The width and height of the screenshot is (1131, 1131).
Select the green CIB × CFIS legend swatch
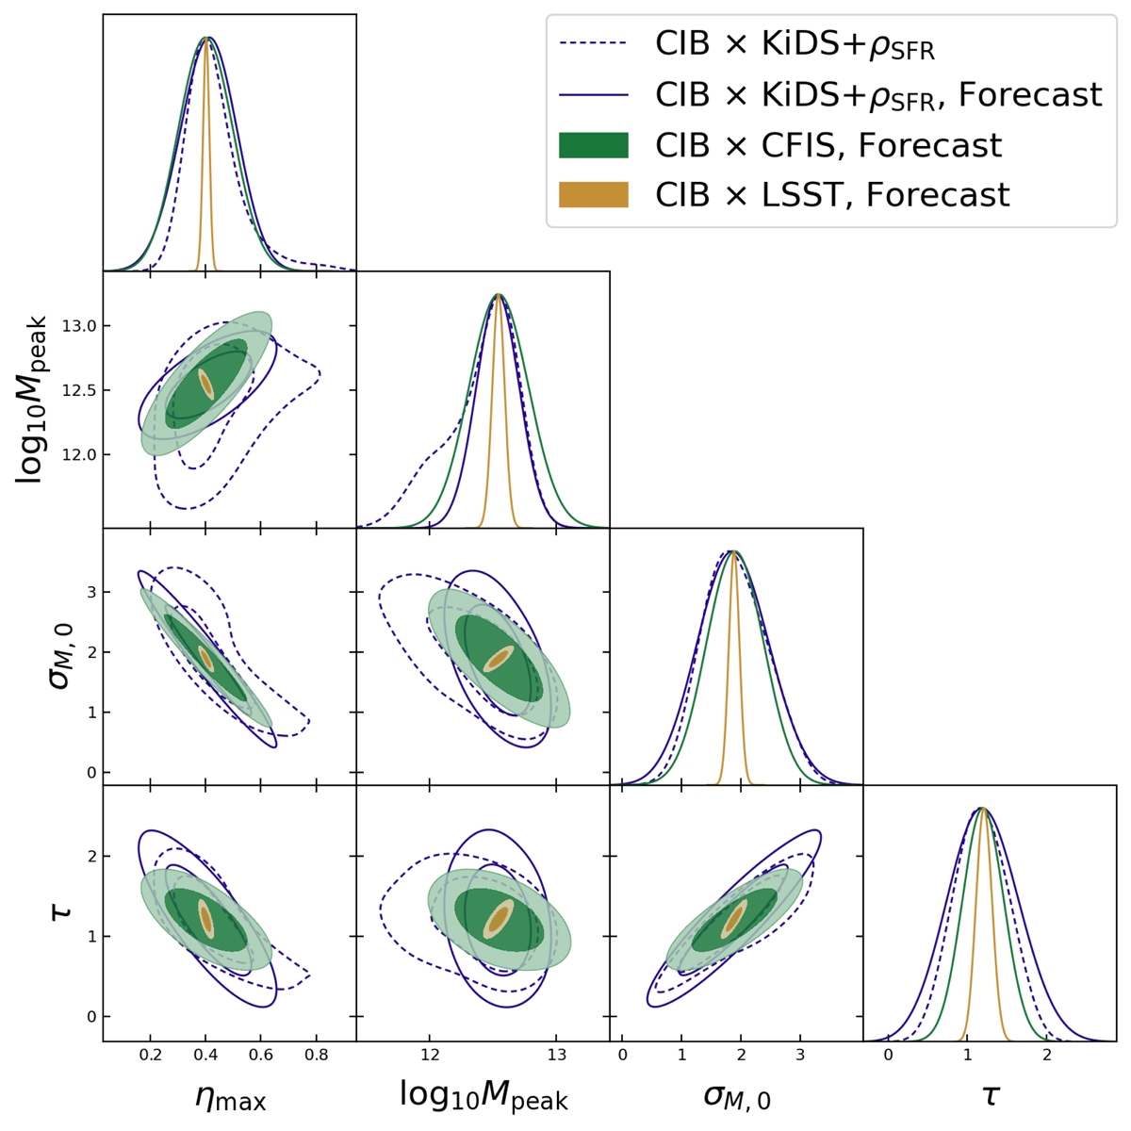point(593,145)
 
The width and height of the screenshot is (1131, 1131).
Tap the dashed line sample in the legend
point(593,43)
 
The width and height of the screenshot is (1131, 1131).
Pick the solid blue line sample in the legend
point(593,94)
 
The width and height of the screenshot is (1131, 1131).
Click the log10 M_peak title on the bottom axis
point(484,1095)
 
